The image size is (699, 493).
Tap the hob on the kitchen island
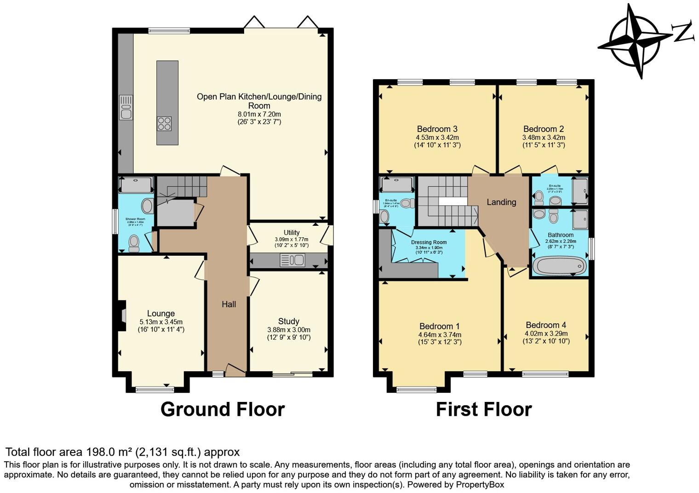164,123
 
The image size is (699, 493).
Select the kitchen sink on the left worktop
126,108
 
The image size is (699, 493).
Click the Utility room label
292,233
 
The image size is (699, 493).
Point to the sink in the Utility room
292,261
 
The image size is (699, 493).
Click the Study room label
288,321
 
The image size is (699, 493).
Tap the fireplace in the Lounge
121,315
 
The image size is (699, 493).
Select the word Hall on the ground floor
229,304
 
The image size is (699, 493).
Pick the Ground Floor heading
223,409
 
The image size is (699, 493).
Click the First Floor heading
484,409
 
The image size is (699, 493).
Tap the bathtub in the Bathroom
559,266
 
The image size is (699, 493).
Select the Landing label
501,202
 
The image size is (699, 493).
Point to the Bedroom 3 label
437,129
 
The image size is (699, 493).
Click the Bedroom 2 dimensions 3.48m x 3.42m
544,138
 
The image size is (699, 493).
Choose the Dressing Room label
429,242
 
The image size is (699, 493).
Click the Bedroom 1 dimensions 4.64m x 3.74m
440,335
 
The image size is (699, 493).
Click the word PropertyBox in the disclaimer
480,485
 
